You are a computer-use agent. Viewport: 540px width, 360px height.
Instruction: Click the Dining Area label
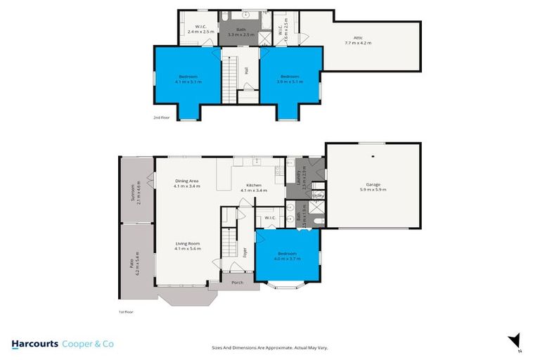coord(187,181)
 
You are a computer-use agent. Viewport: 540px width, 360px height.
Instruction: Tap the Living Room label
coord(188,243)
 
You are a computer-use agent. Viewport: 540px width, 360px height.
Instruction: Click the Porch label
coord(237,283)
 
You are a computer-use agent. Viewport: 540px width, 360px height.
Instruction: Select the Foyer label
coord(245,250)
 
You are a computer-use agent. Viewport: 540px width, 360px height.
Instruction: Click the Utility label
coord(318,196)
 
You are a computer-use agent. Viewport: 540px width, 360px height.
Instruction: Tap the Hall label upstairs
coord(247,70)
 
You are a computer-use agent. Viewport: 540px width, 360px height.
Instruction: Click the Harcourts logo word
coord(34,344)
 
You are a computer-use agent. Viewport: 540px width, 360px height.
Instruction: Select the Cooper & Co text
coord(88,344)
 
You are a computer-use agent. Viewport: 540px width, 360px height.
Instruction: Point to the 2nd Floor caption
coord(161,118)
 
